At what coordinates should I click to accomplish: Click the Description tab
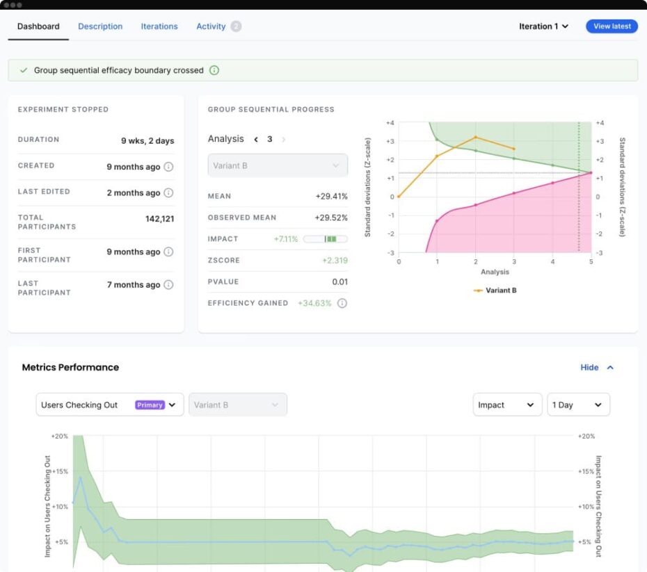pos(100,26)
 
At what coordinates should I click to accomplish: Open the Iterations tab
pos(159,26)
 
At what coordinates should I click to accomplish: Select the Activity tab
pos(211,26)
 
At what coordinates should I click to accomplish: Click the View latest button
pos(612,26)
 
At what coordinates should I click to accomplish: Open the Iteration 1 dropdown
pos(543,26)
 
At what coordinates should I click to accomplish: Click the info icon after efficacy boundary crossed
pos(214,70)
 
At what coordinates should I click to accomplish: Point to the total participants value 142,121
pos(159,218)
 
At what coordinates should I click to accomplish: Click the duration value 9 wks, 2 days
pos(147,140)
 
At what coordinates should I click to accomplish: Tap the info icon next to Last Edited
pos(168,193)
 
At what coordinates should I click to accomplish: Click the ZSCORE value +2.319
pos(335,260)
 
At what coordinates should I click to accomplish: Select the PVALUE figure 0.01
pos(340,281)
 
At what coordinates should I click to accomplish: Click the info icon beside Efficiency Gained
pos(342,303)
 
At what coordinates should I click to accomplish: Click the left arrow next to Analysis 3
pos(256,139)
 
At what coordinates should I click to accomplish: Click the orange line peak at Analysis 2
pos(475,137)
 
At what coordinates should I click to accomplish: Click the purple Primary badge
pos(150,405)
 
